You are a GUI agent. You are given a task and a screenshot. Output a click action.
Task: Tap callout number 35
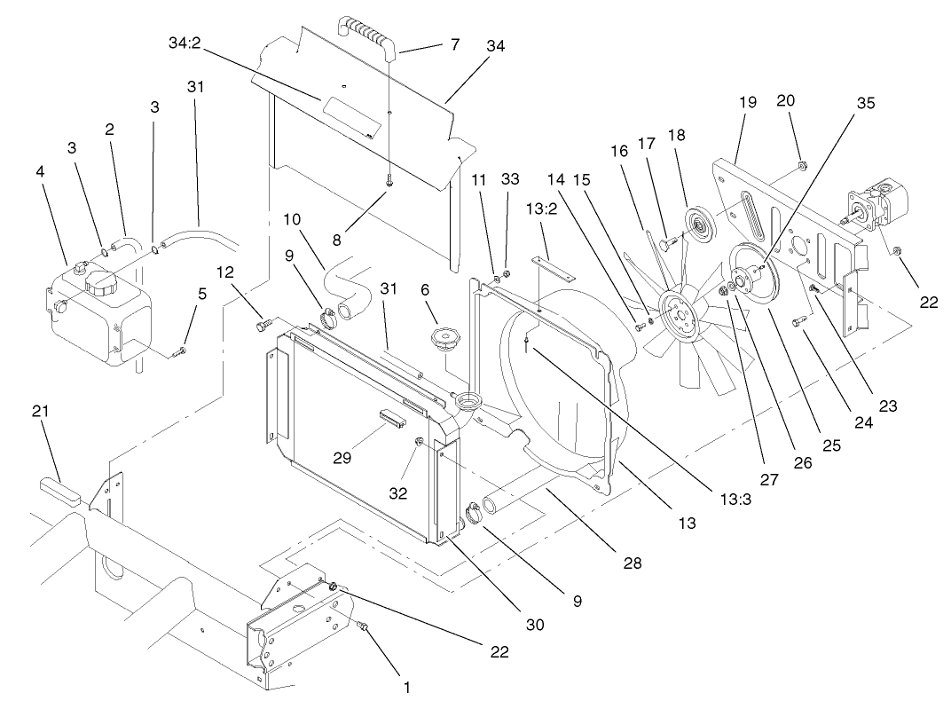865,103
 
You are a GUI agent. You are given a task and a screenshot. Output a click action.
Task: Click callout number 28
632,563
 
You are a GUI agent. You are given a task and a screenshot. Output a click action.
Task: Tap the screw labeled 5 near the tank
178,351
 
